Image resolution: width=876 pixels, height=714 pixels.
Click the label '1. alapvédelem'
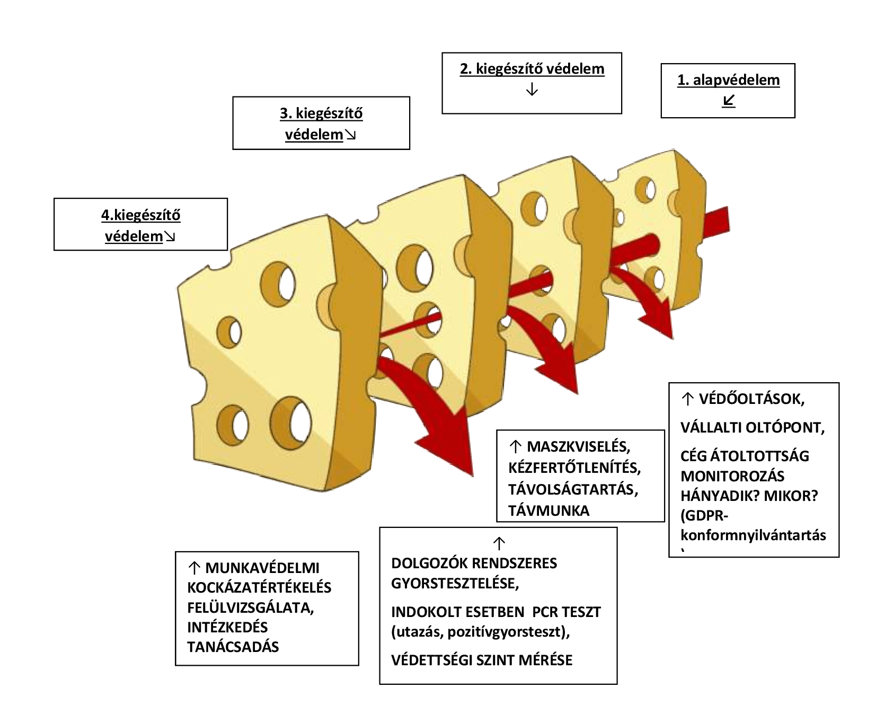click(x=728, y=80)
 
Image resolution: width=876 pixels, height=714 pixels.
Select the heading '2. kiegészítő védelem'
click(x=532, y=69)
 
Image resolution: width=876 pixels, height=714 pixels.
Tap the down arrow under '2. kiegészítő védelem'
click(x=532, y=90)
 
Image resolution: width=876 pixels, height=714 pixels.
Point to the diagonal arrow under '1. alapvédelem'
click(x=728, y=101)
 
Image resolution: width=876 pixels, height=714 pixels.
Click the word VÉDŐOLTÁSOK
click(x=751, y=399)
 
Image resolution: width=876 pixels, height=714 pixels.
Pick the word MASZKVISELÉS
click(x=578, y=446)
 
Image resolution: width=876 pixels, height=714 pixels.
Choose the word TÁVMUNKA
click(x=548, y=510)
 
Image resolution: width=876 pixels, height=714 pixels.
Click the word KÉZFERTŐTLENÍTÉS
click(x=574, y=468)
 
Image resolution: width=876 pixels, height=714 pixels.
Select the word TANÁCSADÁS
click(x=233, y=647)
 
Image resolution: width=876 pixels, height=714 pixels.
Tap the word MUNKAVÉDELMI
click(x=262, y=568)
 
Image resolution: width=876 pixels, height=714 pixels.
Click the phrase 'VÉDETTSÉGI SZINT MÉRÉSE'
click(x=482, y=660)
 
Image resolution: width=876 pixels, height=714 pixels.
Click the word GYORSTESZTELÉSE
click(x=455, y=584)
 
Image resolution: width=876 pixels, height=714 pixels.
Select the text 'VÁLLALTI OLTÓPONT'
click(x=751, y=427)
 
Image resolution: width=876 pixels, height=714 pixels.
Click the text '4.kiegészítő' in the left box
click(x=140, y=215)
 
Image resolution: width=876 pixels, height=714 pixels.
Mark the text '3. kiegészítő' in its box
click(x=321, y=113)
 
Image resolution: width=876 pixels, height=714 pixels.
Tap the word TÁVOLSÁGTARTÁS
click(x=572, y=489)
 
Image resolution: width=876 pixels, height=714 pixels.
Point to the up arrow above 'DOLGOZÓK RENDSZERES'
click(x=499, y=543)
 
